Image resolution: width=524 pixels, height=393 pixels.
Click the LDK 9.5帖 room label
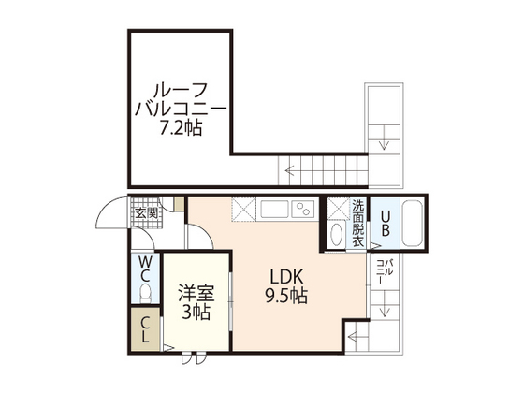pyautogui.click(x=286, y=286)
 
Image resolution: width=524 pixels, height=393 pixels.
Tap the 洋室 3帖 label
pyautogui.click(x=196, y=302)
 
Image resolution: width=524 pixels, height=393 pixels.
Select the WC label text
pyautogui.click(x=145, y=268)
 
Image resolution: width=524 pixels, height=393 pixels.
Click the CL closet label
pyautogui.click(x=145, y=329)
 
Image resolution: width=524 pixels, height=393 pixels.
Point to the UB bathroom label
pyautogui.click(x=385, y=224)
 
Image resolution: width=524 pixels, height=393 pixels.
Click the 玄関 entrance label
pyautogui.click(x=146, y=213)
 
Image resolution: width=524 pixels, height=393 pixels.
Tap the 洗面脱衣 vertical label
pyautogui.click(x=357, y=224)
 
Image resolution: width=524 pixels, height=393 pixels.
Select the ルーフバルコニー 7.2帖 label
pyautogui.click(x=181, y=109)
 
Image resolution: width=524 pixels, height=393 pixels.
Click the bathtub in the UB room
pyautogui.click(x=412, y=224)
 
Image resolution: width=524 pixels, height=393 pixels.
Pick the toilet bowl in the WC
pyautogui.click(x=145, y=293)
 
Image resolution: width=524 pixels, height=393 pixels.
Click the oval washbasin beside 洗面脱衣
pyautogui.click(x=336, y=234)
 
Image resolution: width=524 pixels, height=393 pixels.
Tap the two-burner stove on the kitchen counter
pyautogui.click(x=303, y=210)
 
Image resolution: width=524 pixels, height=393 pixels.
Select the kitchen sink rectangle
pyautogui.click(x=274, y=210)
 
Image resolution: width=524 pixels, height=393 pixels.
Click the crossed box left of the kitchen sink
pyautogui.click(x=243, y=210)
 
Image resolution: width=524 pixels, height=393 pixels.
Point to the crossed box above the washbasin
pyautogui.click(x=338, y=209)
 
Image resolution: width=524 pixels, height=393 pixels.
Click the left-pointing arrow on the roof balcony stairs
pyautogui.click(x=289, y=170)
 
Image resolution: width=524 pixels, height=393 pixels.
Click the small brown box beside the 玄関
pyautogui.click(x=179, y=205)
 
